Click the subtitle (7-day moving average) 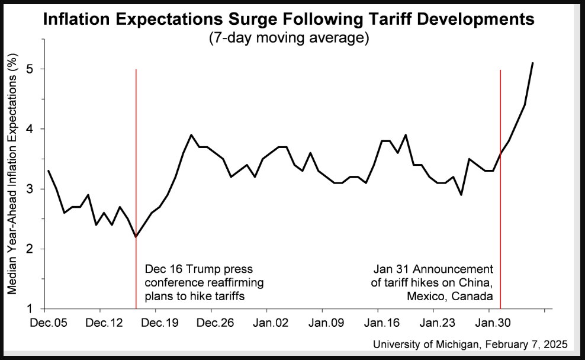point(289,38)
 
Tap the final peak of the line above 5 point(533,63)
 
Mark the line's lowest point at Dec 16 point(136,237)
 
